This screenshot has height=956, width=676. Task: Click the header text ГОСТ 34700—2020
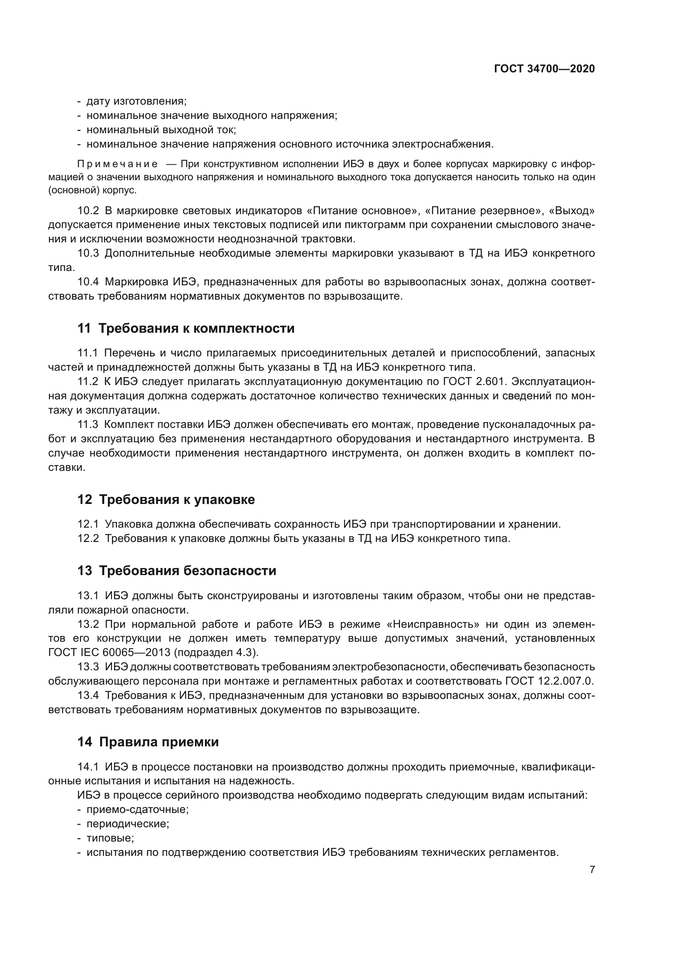click(x=544, y=69)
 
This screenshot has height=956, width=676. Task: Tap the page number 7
click(x=592, y=869)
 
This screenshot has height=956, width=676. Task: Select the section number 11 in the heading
click(x=84, y=329)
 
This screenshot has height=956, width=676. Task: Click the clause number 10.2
click(x=88, y=210)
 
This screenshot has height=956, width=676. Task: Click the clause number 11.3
click(x=88, y=425)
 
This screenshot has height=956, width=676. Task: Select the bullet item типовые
click(x=110, y=838)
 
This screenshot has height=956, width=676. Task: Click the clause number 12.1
click(x=88, y=525)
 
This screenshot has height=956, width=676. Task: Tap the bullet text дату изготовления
click(x=137, y=102)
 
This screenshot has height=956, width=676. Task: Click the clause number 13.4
click(x=88, y=695)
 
